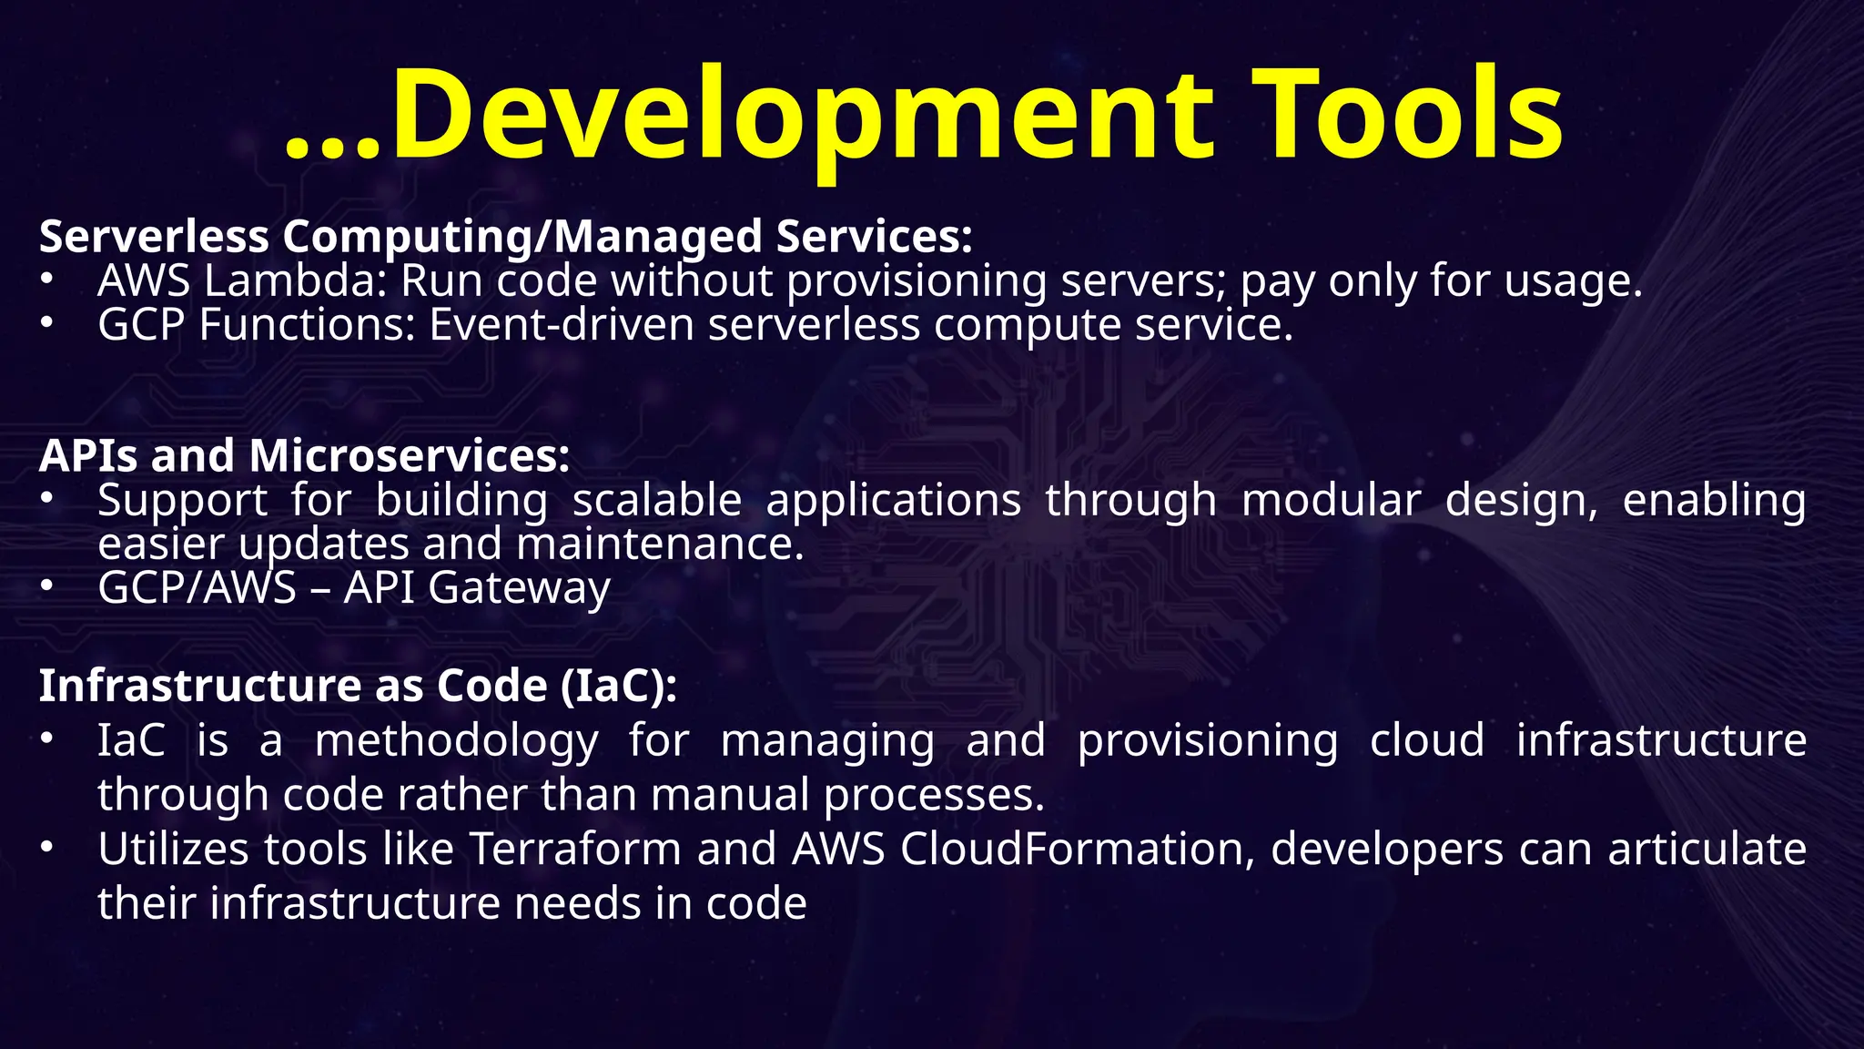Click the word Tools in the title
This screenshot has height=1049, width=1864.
[1409, 117]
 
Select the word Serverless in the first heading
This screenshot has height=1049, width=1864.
[154, 237]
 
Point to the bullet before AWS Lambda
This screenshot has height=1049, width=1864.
[46, 280]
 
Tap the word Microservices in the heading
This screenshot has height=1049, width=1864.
[409, 455]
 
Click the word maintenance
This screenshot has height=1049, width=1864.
[660, 544]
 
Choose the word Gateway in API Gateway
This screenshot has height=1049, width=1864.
[519, 587]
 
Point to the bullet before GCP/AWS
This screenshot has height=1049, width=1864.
[46, 587]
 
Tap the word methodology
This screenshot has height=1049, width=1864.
[456, 740]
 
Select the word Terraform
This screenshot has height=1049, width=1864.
[576, 850]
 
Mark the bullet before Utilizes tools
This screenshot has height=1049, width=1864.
[46, 849]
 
